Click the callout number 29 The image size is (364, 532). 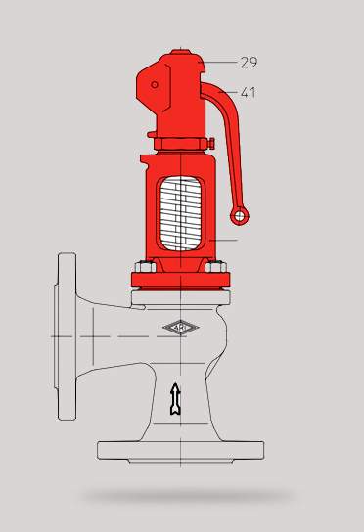pos(249,63)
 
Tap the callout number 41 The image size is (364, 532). pos(249,92)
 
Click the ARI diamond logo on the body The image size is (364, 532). pos(181,328)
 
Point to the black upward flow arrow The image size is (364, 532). pos(175,399)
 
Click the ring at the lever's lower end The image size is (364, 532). pos(240,216)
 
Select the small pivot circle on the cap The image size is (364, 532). pos(155,84)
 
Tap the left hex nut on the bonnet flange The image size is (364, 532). pos(146,267)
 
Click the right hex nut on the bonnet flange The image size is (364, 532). pos(216,267)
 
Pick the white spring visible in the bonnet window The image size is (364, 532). pos(181,214)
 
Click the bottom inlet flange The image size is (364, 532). pos(181,451)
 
